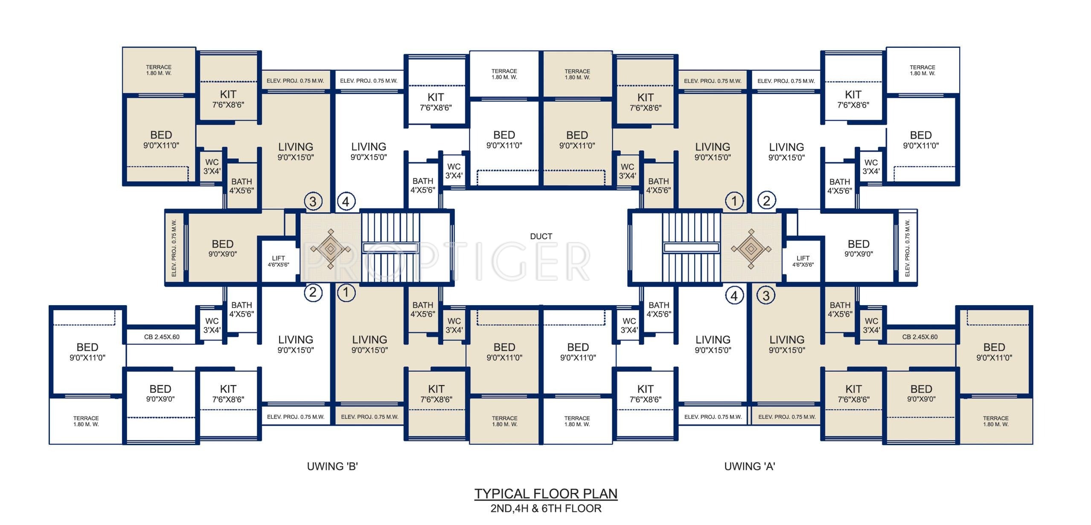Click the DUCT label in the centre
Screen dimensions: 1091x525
click(541, 236)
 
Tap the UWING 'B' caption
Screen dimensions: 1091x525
click(332, 467)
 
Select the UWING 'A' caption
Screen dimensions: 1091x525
click(750, 467)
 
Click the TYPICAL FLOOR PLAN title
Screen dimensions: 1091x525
click(546, 494)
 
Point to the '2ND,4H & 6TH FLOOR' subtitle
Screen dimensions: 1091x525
click(546, 508)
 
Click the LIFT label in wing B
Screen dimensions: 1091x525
click(278, 261)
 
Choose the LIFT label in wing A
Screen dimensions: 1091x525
click(803, 261)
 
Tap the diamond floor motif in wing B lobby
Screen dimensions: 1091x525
click(331, 248)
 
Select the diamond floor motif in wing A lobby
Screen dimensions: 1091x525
click(751, 248)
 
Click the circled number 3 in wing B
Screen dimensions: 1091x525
click(313, 201)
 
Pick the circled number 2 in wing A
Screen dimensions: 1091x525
click(766, 200)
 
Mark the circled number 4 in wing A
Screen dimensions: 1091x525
click(734, 295)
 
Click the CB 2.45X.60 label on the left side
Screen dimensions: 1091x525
click(162, 337)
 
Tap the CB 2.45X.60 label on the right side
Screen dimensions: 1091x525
click(920, 337)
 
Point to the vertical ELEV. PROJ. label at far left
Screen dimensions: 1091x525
click(174, 248)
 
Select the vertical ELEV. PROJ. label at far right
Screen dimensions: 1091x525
click(907, 248)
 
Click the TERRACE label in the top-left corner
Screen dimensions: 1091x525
click(159, 70)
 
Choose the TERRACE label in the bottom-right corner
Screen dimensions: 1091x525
click(996, 421)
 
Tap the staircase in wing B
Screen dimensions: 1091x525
click(390, 247)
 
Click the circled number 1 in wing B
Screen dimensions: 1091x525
click(346, 292)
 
